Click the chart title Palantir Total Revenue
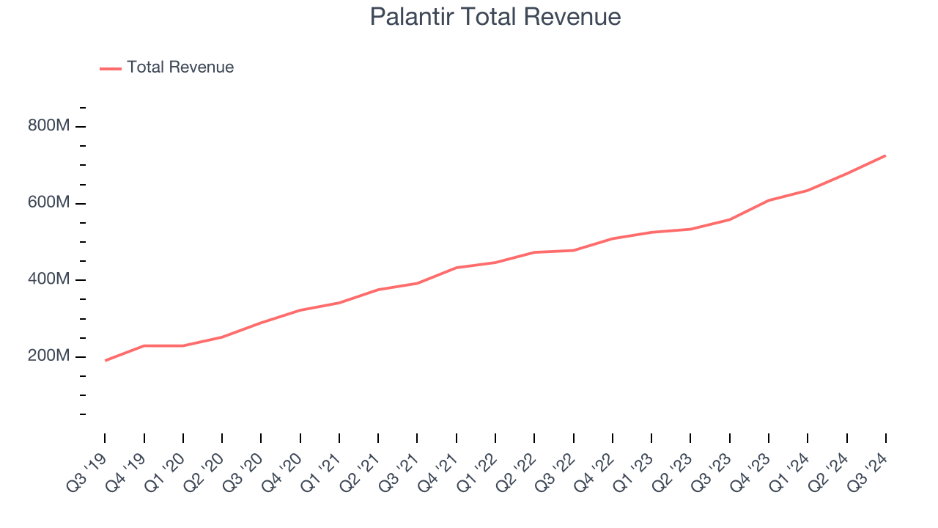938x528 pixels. point(495,17)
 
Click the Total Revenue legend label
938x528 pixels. point(180,67)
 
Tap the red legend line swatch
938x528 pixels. point(111,68)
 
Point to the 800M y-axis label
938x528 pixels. point(49,126)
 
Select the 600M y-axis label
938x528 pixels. point(49,203)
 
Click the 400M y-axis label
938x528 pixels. point(49,280)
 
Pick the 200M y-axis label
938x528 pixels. point(49,356)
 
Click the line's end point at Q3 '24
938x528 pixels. point(885,155)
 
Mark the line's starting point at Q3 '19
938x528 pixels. point(105,360)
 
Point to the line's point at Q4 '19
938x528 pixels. point(144,345)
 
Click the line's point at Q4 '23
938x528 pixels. point(769,200)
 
